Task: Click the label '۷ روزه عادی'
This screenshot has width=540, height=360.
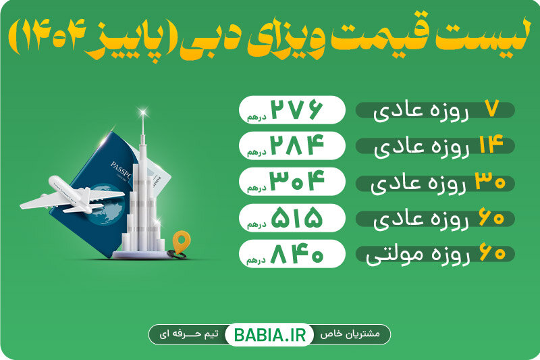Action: (x=435, y=109)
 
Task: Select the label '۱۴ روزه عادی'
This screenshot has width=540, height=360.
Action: (x=435, y=146)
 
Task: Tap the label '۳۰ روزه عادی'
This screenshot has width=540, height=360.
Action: (x=435, y=182)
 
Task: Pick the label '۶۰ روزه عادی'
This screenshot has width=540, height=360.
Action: (x=435, y=219)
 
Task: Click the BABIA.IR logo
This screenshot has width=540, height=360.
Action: (x=269, y=334)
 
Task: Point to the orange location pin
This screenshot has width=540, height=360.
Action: (x=180, y=240)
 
